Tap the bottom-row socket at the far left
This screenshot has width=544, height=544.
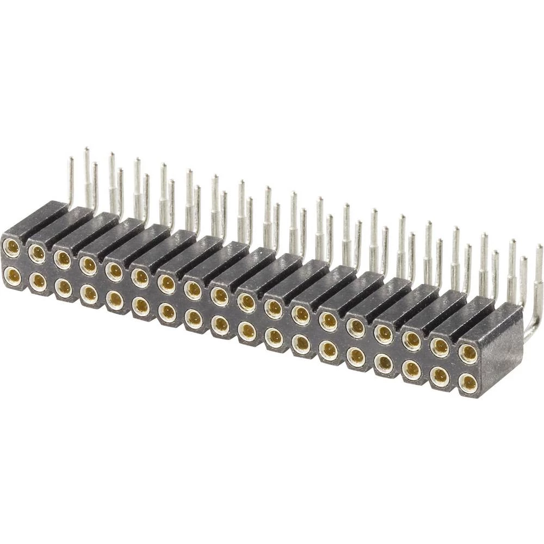[12, 276]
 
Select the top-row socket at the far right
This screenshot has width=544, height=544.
[467, 354]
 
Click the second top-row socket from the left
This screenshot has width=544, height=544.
[37, 252]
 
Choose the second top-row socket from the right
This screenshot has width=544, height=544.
[440, 347]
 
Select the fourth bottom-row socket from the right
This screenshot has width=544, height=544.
[384, 363]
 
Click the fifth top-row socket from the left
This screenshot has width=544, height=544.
[114, 270]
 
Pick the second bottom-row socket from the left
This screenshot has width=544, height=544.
[38, 281]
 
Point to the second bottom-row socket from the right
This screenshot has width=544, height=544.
[440, 376]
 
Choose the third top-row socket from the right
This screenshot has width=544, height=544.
[412, 340]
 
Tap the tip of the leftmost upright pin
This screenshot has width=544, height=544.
[70, 159]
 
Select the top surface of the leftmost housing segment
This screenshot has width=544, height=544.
[38, 218]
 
